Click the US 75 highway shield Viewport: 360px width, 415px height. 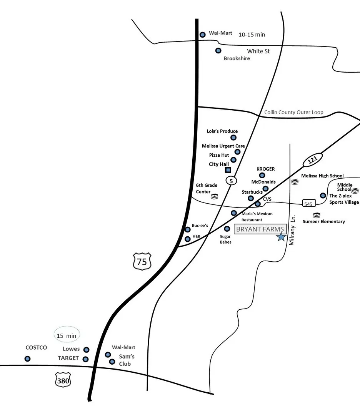pyautogui.click(x=142, y=261)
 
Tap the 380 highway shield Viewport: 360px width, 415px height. pyautogui.click(x=63, y=380)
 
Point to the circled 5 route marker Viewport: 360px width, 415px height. pyautogui.click(x=231, y=180)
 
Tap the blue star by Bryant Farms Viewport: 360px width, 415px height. pyautogui.click(x=282, y=237)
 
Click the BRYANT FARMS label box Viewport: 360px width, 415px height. pyautogui.click(x=260, y=229)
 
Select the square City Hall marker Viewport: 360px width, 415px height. pyautogui.click(x=228, y=170)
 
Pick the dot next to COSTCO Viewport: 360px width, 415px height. pyautogui.click(x=27, y=359)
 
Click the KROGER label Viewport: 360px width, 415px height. pyautogui.click(x=265, y=169)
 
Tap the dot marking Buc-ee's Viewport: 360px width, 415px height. pyautogui.click(x=188, y=229)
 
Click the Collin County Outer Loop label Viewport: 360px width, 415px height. pyautogui.click(x=294, y=112)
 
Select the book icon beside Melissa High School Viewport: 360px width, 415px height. pyautogui.click(x=295, y=182)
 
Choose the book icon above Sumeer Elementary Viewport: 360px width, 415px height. pyautogui.click(x=317, y=215)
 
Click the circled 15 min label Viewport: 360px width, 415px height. pyautogui.click(x=67, y=335)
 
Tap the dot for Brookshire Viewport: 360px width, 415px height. pyautogui.click(x=218, y=50)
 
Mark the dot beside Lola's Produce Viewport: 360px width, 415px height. pyautogui.click(x=233, y=138)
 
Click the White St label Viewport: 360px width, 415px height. pyautogui.click(x=258, y=51)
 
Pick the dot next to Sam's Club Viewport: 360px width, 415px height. pyautogui.click(x=112, y=362)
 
